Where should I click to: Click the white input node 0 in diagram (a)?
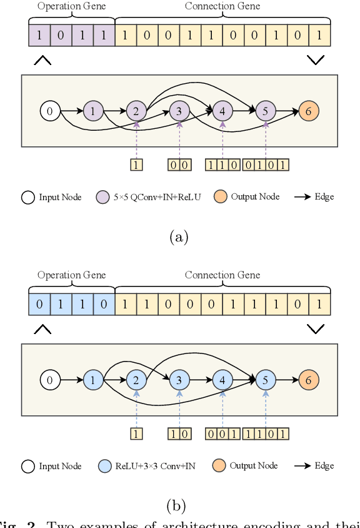point(50,111)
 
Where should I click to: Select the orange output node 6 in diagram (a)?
point(308,111)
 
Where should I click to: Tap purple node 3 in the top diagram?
point(179,111)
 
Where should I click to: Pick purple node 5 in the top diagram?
point(266,111)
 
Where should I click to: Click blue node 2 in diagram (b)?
point(136,380)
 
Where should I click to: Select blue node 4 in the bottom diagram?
point(222,380)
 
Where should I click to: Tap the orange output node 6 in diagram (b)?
point(308,380)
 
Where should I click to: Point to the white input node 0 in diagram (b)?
point(50,380)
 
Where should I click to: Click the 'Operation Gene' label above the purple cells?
point(72,6)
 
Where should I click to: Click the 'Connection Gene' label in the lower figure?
point(222,275)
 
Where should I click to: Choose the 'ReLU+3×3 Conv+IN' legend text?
point(155,466)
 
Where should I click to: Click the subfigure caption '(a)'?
point(179,237)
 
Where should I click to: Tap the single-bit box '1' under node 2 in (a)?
point(136,165)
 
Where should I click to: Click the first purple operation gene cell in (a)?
point(39,35)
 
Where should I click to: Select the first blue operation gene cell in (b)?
point(39,304)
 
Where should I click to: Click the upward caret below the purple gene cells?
point(42,60)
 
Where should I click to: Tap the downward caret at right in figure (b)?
point(316,329)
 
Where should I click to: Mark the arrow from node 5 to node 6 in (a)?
point(287,111)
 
